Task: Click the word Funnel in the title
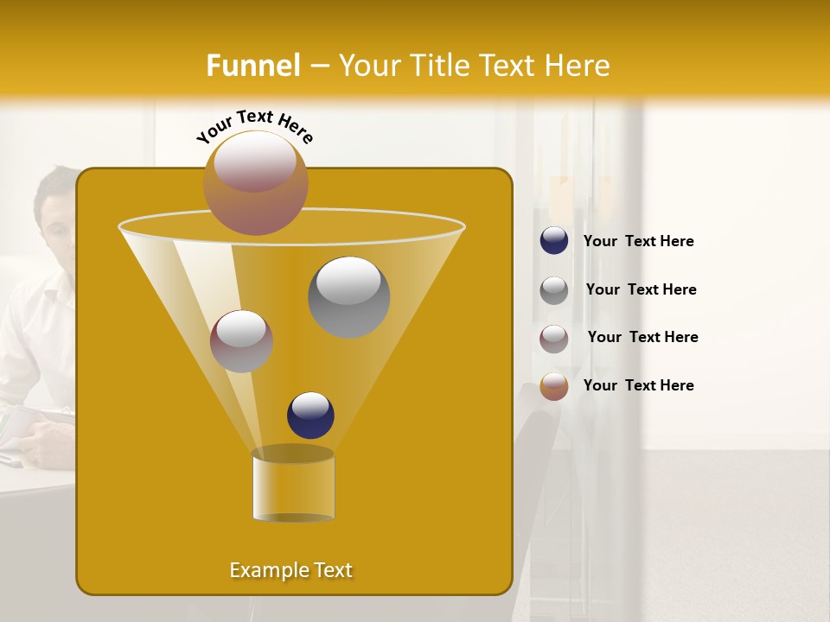click(253, 66)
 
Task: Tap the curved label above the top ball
click(255, 126)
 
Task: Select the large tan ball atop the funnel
click(256, 182)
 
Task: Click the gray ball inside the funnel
click(349, 296)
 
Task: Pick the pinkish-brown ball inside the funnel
click(241, 341)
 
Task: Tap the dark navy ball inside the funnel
click(310, 415)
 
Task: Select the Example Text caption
click(291, 570)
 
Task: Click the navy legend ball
click(554, 241)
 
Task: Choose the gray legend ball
click(554, 290)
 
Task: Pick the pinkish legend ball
click(554, 339)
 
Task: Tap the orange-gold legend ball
click(554, 386)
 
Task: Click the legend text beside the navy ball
click(638, 242)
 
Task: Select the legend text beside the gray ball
click(641, 290)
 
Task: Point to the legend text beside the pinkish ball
click(642, 338)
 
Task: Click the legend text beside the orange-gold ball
click(638, 385)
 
